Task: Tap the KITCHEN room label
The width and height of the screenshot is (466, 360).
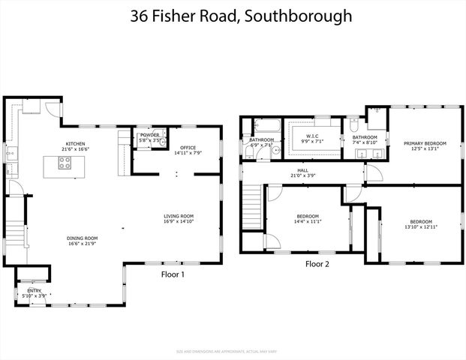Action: (x=76, y=143)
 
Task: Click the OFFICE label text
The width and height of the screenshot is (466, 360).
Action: (x=187, y=148)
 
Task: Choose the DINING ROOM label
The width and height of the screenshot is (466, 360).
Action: (x=83, y=238)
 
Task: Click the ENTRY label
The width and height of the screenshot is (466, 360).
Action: (x=35, y=290)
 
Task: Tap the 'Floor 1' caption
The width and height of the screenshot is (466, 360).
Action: (x=173, y=274)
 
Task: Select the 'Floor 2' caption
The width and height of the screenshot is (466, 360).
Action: (x=317, y=264)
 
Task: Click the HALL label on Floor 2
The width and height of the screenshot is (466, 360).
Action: (x=302, y=171)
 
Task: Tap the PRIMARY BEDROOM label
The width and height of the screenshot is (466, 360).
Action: (x=425, y=143)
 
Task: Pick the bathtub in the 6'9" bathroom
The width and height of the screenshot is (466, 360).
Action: (x=266, y=125)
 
